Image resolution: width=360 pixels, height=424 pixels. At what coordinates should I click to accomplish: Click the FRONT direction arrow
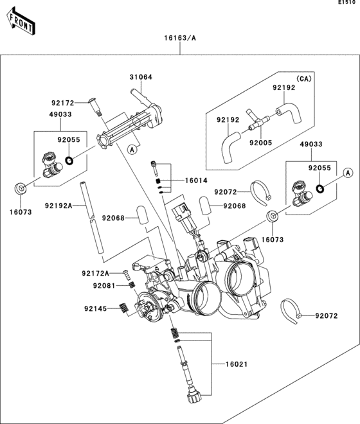click(x=21, y=21)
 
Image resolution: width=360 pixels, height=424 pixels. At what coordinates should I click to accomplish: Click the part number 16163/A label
click(x=180, y=38)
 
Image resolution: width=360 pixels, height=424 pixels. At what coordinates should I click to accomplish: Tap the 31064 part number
click(x=141, y=77)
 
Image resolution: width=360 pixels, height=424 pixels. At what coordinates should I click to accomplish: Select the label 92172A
click(x=96, y=274)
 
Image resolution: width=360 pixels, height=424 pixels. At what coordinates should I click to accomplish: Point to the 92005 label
click(x=260, y=143)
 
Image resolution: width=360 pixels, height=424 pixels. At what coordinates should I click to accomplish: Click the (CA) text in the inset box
click(x=303, y=78)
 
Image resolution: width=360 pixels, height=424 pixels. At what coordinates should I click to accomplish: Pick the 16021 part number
click(x=237, y=364)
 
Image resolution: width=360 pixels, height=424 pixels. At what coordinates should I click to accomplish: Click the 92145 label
click(x=95, y=308)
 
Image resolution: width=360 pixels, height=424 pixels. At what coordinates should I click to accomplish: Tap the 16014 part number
click(x=196, y=181)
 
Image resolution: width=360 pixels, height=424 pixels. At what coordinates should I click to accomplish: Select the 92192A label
click(x=59, y=206)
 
